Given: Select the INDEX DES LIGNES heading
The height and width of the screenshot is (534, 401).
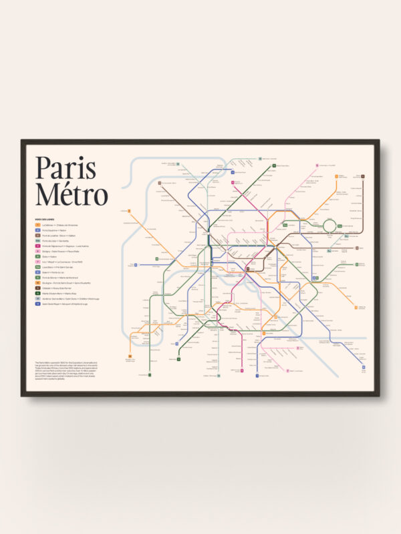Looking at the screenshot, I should point(46,220).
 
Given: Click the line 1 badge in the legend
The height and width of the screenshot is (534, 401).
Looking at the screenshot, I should point(38,225).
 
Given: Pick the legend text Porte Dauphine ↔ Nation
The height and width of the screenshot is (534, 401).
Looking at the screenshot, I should point(56,230).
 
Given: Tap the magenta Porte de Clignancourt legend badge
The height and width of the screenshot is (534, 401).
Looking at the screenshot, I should point(38,246).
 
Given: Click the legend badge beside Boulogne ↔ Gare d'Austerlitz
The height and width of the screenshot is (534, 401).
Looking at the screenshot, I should point(38,284).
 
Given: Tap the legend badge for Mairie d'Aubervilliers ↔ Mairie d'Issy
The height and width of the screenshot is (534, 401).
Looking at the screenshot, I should point(38,294).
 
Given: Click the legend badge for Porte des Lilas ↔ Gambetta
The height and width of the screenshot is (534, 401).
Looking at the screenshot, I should point(38,241).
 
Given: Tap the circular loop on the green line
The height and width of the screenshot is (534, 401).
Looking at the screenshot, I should point(330,226).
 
